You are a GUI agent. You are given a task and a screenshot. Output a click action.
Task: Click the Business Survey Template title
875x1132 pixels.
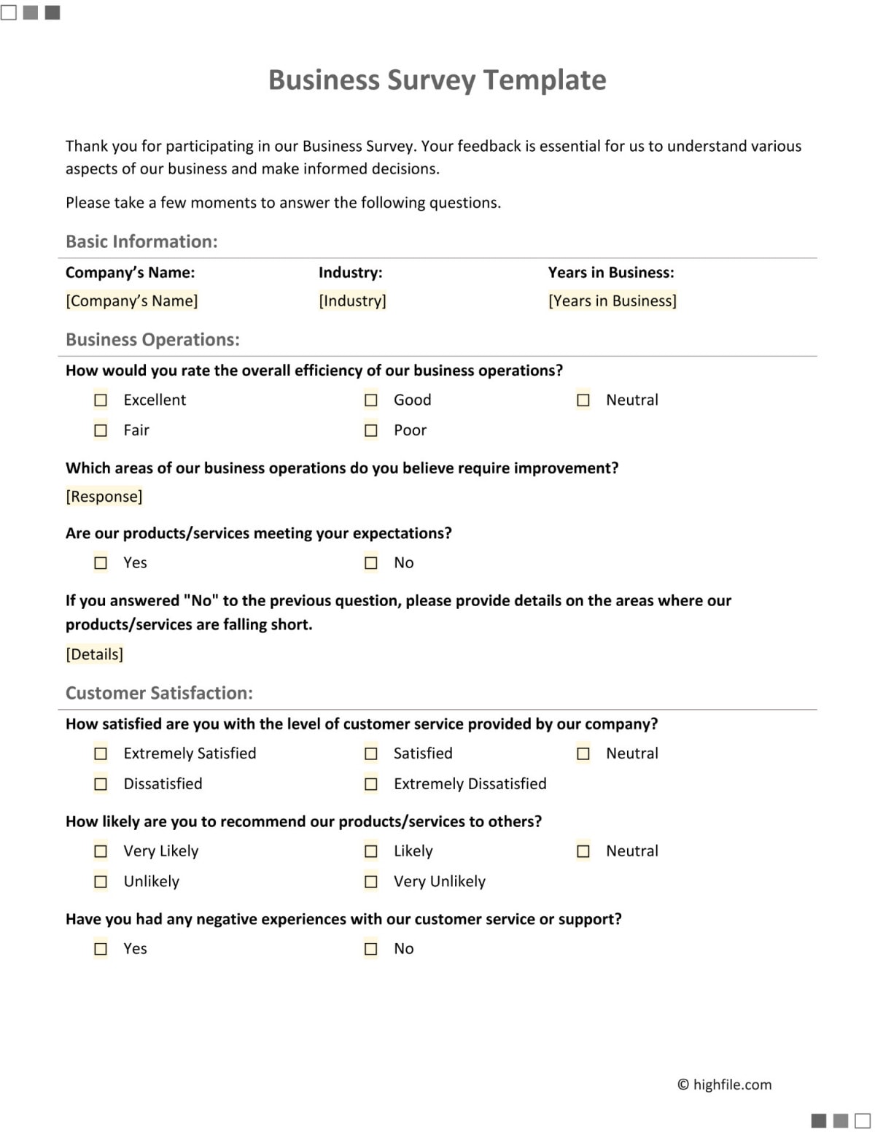pos(437,80)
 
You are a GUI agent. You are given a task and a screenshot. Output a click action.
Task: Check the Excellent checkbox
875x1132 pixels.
pos(101,400)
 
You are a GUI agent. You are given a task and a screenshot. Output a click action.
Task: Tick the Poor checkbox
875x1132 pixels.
pos(371,431)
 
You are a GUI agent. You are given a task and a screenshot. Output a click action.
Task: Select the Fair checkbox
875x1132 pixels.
pos(101,431)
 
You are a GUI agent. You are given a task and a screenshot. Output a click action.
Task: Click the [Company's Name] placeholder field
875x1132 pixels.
pos(132,301)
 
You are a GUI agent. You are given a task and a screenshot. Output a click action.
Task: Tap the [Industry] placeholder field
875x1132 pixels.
pos(352,301)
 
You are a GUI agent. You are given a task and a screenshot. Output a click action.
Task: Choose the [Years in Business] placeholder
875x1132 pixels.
pos(612,301)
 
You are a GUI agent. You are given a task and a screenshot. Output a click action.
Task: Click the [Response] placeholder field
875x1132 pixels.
pos(104,497)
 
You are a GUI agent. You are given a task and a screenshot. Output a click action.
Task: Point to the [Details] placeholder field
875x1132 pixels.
pos(95,654)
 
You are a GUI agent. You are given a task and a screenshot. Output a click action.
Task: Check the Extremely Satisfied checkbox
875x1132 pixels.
pos(101,753)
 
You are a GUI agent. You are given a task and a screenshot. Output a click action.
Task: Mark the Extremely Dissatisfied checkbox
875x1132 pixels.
pos(371,784)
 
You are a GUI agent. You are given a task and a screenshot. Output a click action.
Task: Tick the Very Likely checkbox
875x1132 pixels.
pos(101,851)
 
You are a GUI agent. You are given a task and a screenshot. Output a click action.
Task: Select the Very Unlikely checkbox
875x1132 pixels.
pos(371,882)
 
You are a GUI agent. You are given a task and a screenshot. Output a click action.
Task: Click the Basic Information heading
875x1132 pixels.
pos(141,241)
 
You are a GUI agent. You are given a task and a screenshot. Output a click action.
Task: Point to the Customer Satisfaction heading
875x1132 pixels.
pos(159,693)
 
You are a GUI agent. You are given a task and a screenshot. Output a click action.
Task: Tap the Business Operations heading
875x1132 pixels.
pos(152,339)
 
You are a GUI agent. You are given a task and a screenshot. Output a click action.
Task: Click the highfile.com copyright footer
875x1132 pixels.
pos(724,1085)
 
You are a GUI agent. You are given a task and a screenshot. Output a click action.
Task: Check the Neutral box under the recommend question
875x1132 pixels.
pos(583,851)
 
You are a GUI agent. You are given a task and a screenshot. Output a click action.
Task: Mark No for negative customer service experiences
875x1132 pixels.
pos(371,949)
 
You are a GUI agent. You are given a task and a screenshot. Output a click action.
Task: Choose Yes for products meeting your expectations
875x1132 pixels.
pos(101,563)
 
